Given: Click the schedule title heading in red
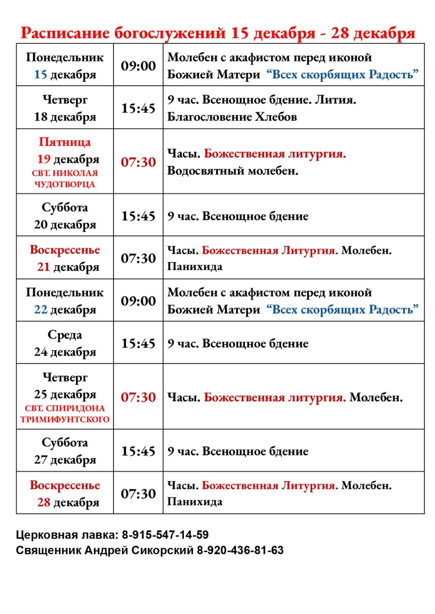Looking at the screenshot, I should tap(218, 33).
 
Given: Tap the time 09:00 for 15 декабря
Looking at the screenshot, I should tap(138, 65).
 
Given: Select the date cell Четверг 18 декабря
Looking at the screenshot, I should tap(65, 108).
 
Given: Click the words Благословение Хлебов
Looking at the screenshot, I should tap(232, 117).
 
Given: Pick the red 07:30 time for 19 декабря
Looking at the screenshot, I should tap(138, 162).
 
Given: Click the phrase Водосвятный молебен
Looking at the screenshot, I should tap(233, 170).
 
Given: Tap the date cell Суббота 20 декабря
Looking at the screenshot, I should tap(65, 215).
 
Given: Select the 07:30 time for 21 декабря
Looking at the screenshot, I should tap(138, 258).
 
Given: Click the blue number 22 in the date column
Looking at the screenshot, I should tap(41, 310).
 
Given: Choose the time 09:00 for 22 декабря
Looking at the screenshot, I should tap(138, 301).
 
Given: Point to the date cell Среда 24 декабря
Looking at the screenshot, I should tap(65, 343).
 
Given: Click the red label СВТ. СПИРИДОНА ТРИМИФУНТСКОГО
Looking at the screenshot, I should tap(65, 414).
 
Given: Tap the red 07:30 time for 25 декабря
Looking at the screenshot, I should tap(138, 397).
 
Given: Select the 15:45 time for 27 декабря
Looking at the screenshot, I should tap(138, 451).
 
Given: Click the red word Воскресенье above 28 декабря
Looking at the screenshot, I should tap(65, 485).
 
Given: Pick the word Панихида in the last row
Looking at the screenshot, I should tap(195, 501).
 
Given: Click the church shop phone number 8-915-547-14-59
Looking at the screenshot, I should tap(165, 535).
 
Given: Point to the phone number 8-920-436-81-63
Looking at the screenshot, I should tap(240, 551).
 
